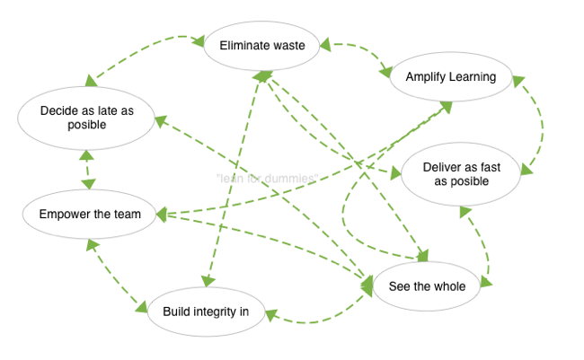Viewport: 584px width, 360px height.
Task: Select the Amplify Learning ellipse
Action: pos(450,77)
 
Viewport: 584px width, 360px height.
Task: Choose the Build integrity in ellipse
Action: pos(205,312)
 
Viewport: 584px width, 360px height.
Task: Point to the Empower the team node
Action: pos(90,215)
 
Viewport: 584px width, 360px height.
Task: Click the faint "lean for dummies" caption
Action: pos(267,179)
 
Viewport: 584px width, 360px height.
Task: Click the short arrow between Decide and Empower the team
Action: pos(86,170)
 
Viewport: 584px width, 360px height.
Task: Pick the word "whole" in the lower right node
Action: pos(449,286)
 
